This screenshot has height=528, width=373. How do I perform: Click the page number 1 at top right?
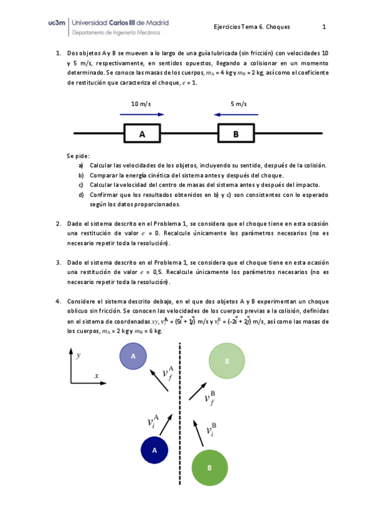(324, 27)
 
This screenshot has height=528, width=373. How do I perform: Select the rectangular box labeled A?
(142, 134)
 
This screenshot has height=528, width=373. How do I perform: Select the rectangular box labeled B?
(235, 134)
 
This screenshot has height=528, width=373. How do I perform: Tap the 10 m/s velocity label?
(141, 104)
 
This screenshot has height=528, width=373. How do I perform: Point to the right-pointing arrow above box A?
(143, 115)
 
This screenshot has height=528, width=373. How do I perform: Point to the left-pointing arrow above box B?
(234, 115)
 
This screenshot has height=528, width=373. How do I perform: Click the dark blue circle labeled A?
(154, 450)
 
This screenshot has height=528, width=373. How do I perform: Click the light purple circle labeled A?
(133, 356)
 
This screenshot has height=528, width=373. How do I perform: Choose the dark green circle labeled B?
(209, 468)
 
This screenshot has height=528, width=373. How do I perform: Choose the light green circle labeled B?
(227, 361)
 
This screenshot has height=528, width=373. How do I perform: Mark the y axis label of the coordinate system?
(78, 356)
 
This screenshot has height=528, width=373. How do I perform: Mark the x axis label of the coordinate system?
(97, 375)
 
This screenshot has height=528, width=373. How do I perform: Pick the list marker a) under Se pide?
(81, 165)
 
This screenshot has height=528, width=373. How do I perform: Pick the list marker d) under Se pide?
(81, 194)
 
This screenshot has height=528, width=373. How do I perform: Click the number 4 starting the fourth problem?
(59, 301)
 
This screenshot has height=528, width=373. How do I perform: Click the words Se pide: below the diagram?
(78, 155)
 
